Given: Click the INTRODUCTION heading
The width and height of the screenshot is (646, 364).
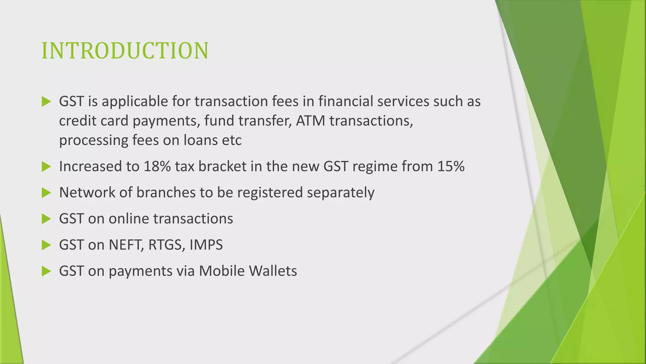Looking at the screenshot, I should click(x=125, y=51).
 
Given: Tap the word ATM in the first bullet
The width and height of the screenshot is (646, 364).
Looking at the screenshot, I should click(x=310, y=121).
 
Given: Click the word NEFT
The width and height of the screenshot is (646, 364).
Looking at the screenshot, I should click(x=124, y=245).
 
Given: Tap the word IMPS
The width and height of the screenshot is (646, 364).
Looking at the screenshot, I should click(x=206, y=245).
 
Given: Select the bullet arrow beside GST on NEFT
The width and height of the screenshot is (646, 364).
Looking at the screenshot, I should click(x=46, y=245).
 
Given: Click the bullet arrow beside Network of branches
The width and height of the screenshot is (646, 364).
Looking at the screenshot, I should click(x=46, y=193).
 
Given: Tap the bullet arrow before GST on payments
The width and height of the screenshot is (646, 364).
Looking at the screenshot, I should click(x=46, y=271).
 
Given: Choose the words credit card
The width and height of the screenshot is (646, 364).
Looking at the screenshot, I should click(x=93, y=121).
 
